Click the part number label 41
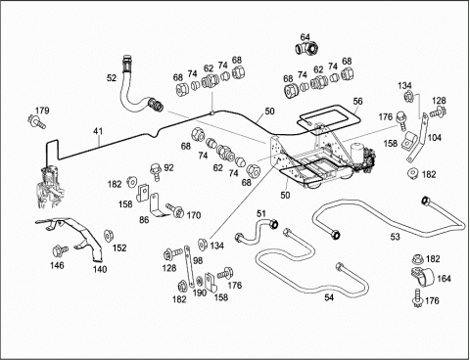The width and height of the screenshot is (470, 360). click(x=98, y=131)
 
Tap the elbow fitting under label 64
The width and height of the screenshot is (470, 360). click(x=306, y=49)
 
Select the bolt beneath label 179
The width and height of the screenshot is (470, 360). click(x=36, y=121)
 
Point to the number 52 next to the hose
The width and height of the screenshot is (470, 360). click(x=112, y=78)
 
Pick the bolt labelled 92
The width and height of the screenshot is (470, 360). click(x=156, y=172)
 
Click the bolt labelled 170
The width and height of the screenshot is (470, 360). click(x=175, y=211)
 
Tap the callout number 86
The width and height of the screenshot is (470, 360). click(x=144, y=220)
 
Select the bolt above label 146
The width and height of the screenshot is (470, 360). click(x=60, y=250)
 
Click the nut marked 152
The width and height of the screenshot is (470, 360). click(x=108, y=236)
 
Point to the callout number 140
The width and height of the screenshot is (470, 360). click(x=100, y=269)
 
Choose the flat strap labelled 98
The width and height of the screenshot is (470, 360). click(x=188, y=265)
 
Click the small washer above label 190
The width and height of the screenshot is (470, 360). click(x=200, y=280)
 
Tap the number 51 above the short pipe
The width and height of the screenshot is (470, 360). click(x=261, y=213)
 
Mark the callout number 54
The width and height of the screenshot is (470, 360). click(x=329, y=297)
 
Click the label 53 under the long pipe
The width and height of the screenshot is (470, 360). click(x=395, y=237)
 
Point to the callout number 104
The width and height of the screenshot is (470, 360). click(x=435, y=138)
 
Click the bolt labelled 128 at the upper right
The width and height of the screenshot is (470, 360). click(x=439, y=112)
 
